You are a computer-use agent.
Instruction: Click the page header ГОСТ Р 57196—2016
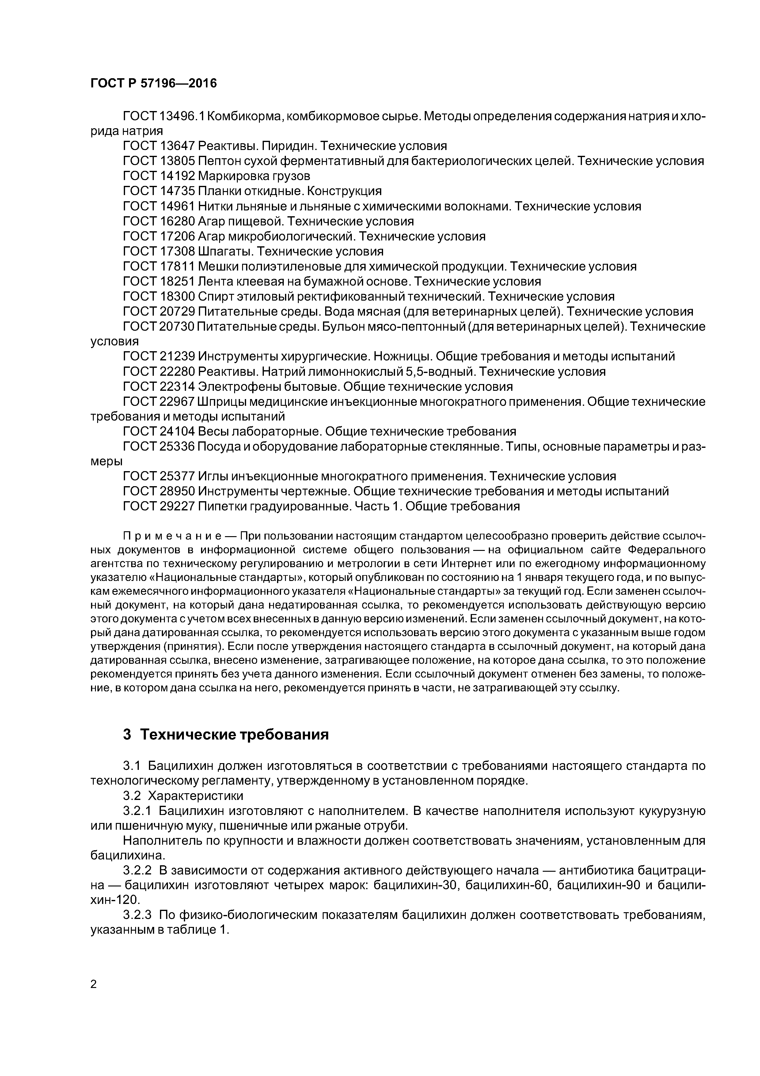point(153,83)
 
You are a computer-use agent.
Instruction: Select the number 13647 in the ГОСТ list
point(177,146)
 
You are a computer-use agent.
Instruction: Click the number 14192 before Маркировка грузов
point(177,176)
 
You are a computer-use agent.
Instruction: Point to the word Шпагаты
point(226,251)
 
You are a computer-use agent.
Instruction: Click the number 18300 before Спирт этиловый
point(177,296)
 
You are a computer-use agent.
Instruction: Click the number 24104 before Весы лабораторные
point(177,431)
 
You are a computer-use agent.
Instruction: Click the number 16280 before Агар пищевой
point(177,221)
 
